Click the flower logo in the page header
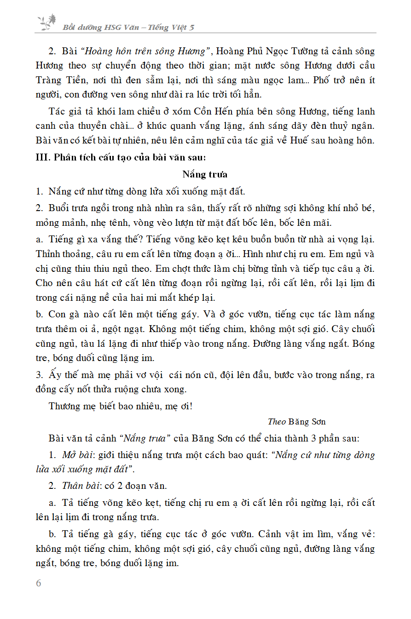click(46, 22)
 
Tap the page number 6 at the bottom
click(38, 583)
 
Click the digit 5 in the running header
click(191, 28)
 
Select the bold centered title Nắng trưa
click(205, 174)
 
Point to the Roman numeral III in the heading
click(41, 157)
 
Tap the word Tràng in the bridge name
click(48, 80)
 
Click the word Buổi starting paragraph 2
click(60, 208)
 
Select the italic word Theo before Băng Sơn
click(277, 421)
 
